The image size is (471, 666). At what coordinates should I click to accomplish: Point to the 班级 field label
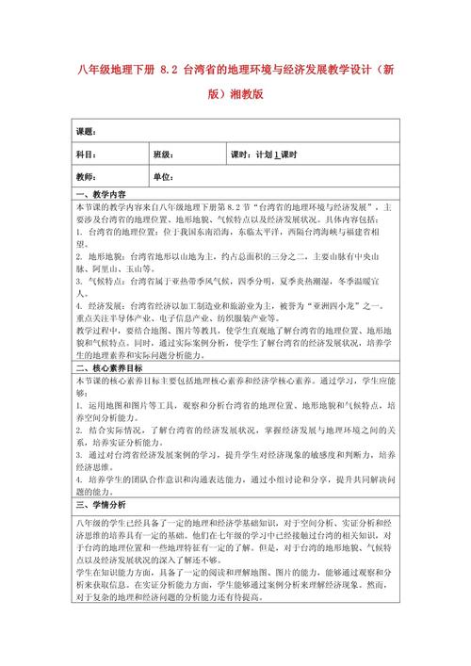(x=162, y=154)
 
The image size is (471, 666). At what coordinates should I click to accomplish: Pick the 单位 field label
(x=162, y=177)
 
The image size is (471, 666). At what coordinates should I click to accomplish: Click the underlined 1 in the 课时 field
(x=276, y=154)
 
